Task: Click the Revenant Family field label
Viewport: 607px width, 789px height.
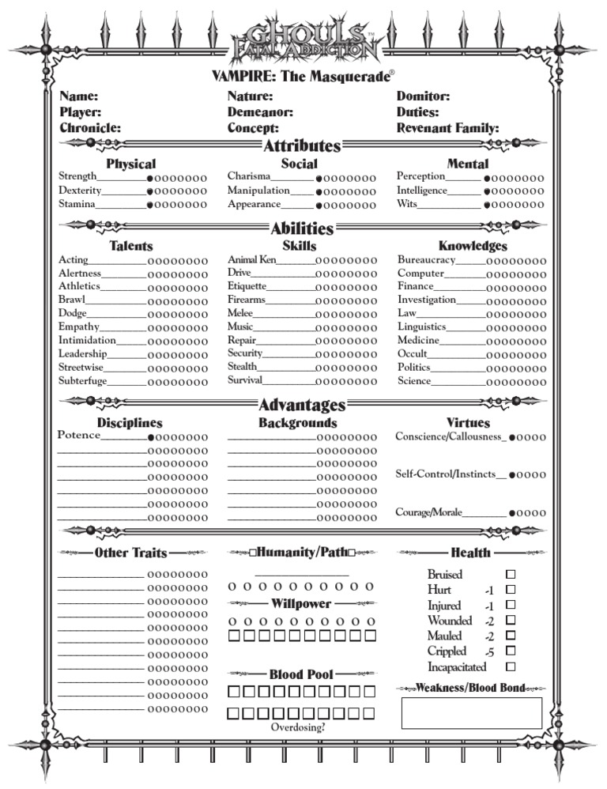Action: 447,127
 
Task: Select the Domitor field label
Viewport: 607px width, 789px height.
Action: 423,96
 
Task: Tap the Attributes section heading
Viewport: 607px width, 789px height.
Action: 302,145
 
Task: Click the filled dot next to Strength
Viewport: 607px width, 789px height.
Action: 150,179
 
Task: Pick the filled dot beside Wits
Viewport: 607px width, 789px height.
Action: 488,206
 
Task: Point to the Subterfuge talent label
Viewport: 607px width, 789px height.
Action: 82,380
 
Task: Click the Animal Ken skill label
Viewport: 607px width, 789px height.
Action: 252,259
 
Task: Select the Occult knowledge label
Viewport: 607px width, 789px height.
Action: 412,353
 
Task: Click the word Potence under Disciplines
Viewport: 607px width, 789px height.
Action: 79,436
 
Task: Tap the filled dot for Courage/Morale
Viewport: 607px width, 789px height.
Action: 512,513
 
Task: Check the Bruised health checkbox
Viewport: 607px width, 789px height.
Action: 511,575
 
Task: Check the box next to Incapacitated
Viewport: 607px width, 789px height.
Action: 511,666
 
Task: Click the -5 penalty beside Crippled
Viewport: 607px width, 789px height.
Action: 490,651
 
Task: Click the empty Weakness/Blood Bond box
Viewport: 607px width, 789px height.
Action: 472,712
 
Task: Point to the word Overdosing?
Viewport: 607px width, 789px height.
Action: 297,727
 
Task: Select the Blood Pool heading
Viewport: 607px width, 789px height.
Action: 301,674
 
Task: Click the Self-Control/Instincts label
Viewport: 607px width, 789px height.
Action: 446,474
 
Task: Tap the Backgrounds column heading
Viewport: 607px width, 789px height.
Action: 297,423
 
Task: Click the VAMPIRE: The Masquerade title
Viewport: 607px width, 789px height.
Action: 302,77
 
